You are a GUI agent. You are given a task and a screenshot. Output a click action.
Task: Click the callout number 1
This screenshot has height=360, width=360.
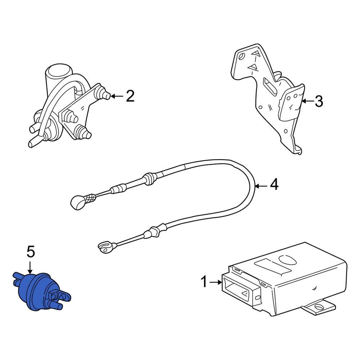204,282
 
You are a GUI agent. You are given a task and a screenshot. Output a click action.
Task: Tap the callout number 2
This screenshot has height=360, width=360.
130,96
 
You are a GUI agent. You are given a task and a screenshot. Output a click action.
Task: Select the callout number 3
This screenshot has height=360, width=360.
319,101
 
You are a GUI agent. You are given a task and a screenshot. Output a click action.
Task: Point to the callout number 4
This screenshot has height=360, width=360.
274,184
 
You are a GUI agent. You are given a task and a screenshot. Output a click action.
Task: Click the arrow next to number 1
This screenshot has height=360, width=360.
215,282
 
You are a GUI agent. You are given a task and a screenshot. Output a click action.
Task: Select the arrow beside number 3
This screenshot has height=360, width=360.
308,101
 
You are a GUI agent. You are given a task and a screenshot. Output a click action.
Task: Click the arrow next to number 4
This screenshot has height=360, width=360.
261,186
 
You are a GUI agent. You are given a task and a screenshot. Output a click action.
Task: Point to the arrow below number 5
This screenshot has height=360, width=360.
30,267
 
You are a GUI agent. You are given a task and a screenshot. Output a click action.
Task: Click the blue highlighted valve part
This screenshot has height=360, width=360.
41,291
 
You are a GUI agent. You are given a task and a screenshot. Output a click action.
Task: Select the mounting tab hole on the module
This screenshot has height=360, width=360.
319,306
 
